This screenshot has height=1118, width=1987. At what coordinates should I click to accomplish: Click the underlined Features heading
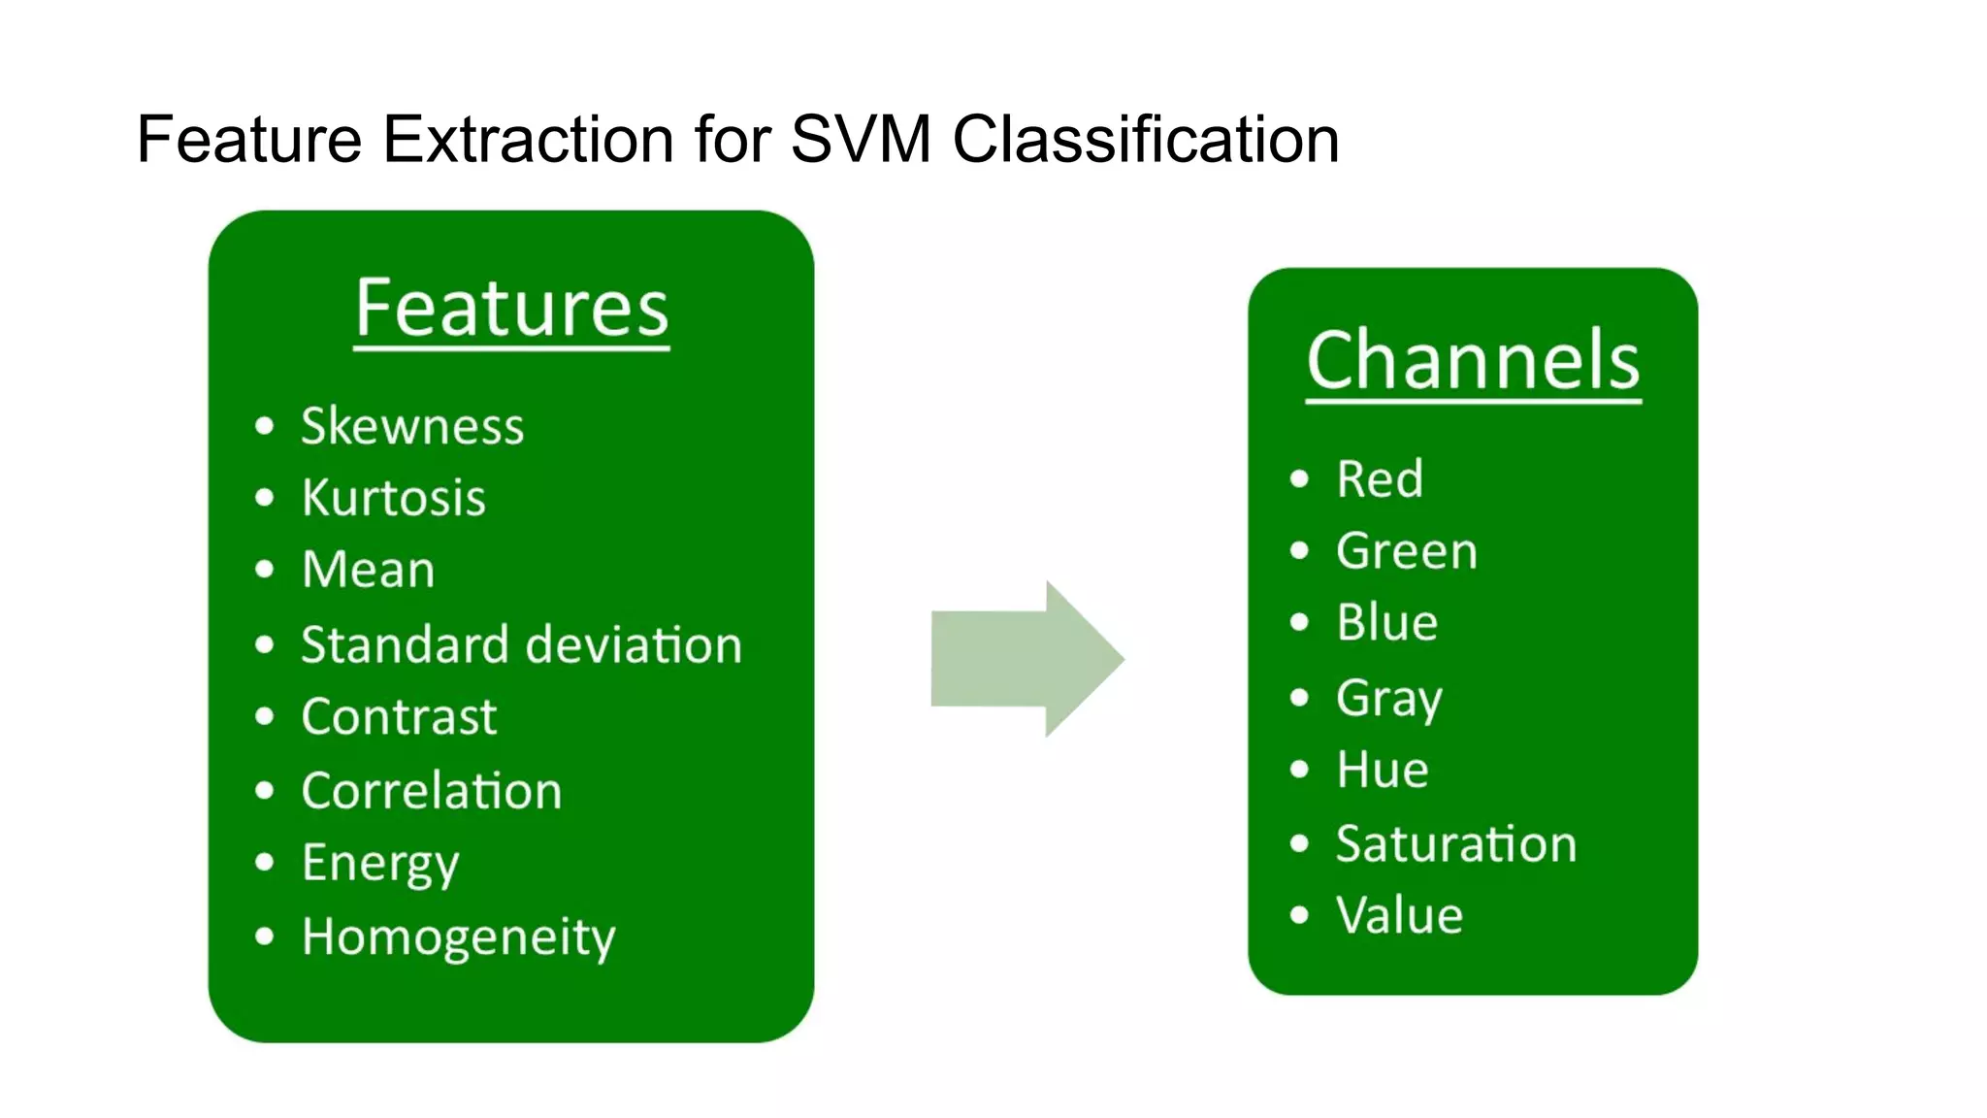(x=511, y=309)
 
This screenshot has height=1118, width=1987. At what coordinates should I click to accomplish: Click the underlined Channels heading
(x=1473, y=361)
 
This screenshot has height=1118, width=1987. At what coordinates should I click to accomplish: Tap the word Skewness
(x=412, y=426)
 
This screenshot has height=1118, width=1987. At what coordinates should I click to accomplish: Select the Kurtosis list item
(x=393, y=498)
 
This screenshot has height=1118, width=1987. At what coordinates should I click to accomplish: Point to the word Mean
(x=369, y=570)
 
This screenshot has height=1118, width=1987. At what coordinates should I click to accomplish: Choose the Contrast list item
(x=399, y=717)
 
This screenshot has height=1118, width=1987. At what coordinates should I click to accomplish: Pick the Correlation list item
(x=432, y=791)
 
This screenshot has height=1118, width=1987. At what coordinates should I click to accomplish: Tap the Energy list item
(x=380, y=864)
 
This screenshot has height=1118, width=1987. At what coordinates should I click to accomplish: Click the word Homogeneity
(x=458, y=937)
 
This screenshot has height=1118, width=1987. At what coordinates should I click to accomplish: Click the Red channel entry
(x=1380, y=479)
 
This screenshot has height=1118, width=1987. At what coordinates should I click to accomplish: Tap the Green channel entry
(x=1407, y=551)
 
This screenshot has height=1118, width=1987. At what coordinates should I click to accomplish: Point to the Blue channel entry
(x=1387, y=623)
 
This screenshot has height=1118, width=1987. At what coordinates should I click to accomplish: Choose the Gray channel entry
(x=1389, y=699)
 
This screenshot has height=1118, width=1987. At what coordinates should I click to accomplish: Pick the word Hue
(x=1383, y=771)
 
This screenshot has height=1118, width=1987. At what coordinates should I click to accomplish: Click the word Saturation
(x=1456, y=844)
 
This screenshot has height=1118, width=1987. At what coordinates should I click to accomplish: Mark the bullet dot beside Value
(x=1300, y=915)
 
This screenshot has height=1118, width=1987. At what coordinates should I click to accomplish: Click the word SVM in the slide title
(x=862, y=140)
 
